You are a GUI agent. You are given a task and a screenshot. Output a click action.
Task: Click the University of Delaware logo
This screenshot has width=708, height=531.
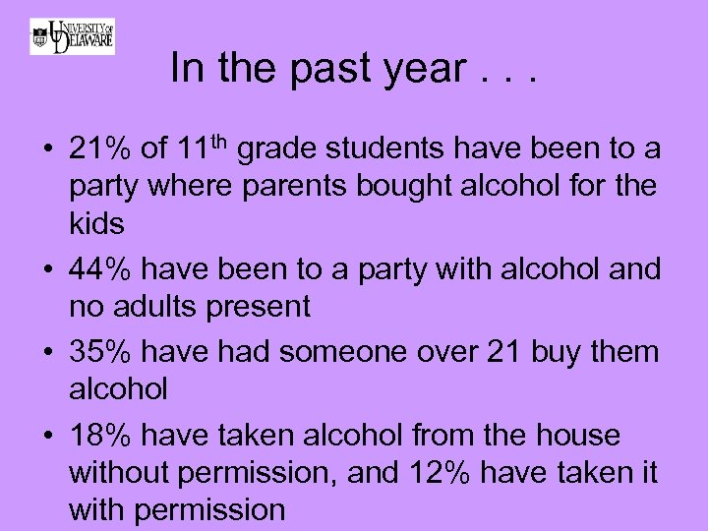[x=72, y=36]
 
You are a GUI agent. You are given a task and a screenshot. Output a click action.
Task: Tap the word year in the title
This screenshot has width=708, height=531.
[x=426, y=70]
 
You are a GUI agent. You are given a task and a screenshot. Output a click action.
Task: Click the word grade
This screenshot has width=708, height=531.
[x=278, y=150]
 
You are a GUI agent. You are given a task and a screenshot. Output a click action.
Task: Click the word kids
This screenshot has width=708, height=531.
[x=96, y=223]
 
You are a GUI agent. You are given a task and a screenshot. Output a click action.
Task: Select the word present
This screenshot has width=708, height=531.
[x=262, y=307]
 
